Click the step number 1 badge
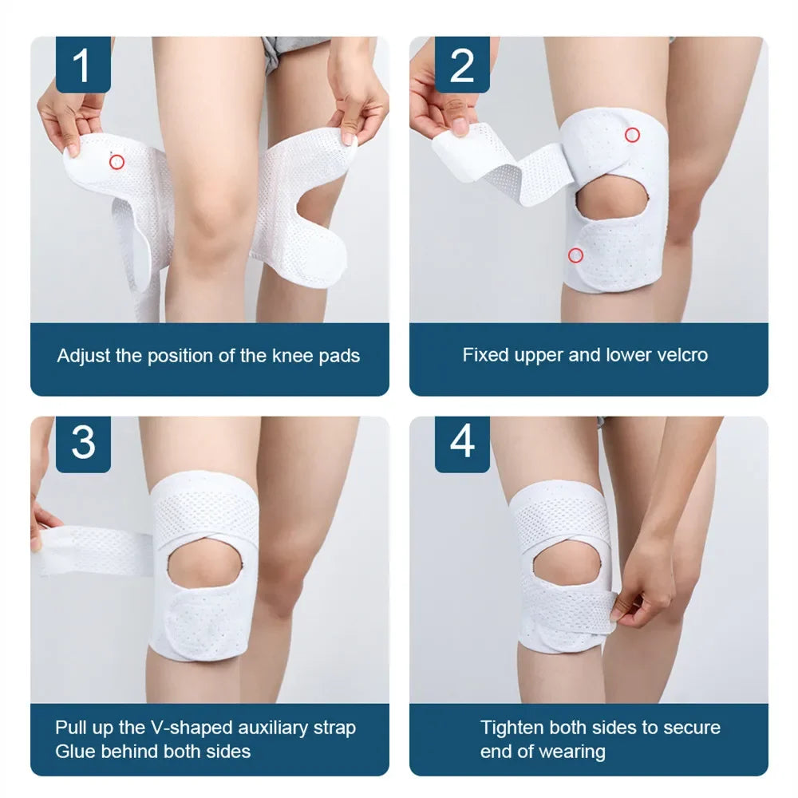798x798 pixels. (83, 65)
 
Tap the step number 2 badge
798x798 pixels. (462, 65)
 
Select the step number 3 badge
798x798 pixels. (83, 443)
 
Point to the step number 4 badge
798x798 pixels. (462, 443)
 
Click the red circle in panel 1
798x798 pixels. (117, 162)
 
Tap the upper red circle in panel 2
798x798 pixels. (632, 135)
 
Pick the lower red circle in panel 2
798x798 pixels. (575, 255)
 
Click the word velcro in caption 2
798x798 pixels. (678, 355)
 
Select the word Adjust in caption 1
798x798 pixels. (84, 356)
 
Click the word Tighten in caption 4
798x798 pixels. (512, 728)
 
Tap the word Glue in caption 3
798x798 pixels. (75, 751)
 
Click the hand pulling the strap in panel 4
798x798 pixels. (644, 595)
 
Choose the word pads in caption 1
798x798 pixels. (341, 356)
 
